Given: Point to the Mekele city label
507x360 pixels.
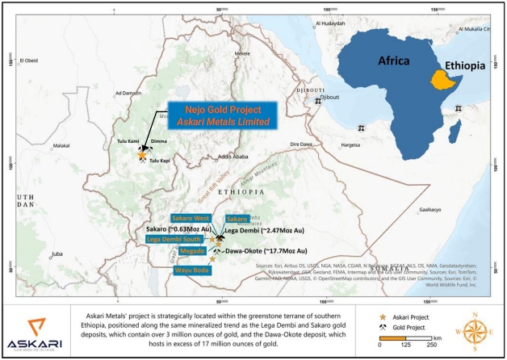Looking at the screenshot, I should [243, 52].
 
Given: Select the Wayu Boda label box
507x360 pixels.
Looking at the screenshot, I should [190, 270].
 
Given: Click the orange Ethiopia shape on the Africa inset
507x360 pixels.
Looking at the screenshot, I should [439, 80].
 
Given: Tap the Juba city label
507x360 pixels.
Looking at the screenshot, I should [57, 254].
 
